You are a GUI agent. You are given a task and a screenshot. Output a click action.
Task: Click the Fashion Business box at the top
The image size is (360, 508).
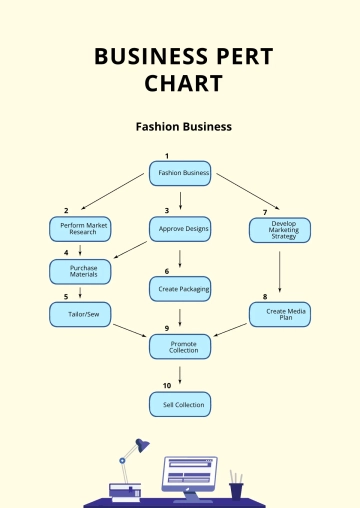click(x=180, y=173)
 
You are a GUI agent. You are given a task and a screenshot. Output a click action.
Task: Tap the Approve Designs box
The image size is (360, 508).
click(x=180, y=230)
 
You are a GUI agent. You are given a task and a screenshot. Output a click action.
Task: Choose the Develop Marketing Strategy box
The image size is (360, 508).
click(x=280, y=230)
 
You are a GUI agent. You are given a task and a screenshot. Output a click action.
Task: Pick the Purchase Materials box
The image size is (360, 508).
click(x=80, y=271)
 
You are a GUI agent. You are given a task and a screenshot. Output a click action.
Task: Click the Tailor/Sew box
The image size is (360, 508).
click(x=80, y=314)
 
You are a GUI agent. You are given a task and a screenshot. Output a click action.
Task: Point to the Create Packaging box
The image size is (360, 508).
click(x=180, y=289)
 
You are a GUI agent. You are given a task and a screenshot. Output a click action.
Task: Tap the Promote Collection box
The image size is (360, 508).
click(x=180, y=346)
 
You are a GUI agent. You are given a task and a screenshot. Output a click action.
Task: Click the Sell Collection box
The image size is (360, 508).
click(x=180, y=404)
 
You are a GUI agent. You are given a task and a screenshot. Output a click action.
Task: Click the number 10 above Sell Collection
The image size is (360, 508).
click(x=167, y=384)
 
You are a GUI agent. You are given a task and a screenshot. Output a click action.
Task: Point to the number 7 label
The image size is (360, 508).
click(x=265, y=211)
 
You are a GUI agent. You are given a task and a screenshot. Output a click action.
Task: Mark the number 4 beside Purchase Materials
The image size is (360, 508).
click(x=65, y=252)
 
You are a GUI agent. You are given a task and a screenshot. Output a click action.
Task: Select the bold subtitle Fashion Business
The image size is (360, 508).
click(x=184, y=127)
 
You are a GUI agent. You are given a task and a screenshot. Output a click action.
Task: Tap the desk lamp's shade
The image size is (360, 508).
click(x=142, y=446)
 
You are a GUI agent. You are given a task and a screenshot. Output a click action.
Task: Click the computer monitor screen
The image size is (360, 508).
click(x=189, y=471)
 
